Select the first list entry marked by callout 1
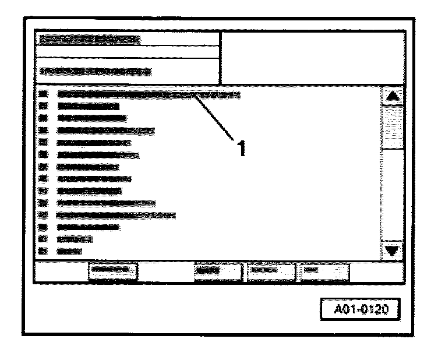149,94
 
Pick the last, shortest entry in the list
69,251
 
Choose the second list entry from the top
88,106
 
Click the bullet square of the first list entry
42,94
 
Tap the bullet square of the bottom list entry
42,251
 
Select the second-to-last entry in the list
74,239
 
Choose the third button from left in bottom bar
270,271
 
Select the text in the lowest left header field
95,72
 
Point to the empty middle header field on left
127,52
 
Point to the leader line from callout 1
216,117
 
